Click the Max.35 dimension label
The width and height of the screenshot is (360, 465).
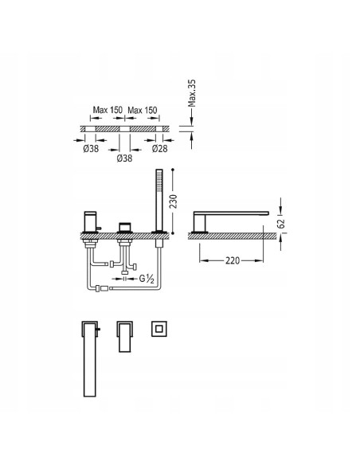pyautogui.click(x=192, y=93)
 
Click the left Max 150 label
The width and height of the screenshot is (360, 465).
pyautogui.click(x=108, y=110)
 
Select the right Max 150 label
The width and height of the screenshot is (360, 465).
pyautogui.click(x=143, y=111)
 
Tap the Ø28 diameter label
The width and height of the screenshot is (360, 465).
pyautogui.click(x=159, y=148)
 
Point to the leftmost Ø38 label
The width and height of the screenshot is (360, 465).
pyautogui.click(x=91, y=148)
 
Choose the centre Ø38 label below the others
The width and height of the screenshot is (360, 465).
pyautogui.click(x=124, y=158)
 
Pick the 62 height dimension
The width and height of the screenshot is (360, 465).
pyautogui.click(x=282, y=223)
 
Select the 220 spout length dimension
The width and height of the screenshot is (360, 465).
pyautogui.click(x=233, y=260)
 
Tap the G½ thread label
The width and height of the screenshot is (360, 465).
pyautogui.click(x=147, y=279)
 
